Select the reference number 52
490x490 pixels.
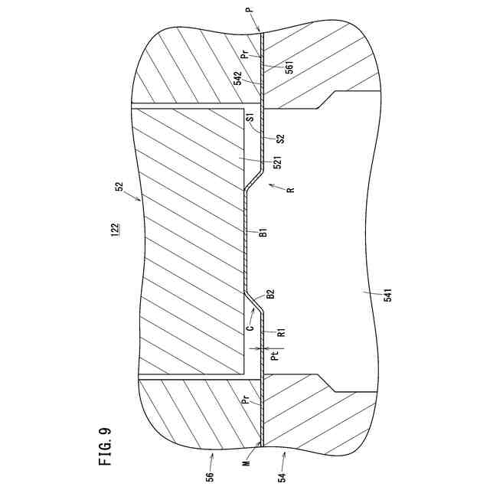click(120, 186)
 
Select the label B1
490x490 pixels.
click(262, 232)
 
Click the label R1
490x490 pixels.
click(281, 332)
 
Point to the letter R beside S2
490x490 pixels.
click(290, 191)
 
